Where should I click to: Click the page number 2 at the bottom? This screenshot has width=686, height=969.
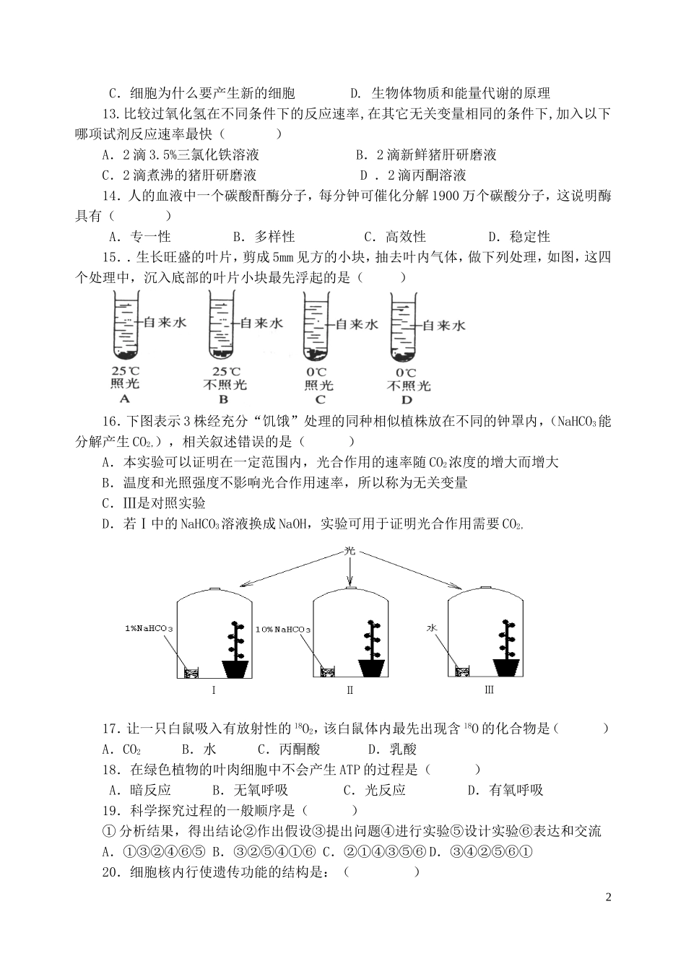click(608, 898)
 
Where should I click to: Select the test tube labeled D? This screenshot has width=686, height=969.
click(404, 326)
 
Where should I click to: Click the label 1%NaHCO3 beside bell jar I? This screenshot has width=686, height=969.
click(149, 629)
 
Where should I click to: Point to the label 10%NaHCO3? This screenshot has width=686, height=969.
click(283, 629)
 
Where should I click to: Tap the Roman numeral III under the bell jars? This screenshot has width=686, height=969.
click(489, 690)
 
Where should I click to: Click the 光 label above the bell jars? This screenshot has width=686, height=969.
click(350, 551)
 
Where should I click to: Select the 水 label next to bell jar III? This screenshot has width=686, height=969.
click(433, 628)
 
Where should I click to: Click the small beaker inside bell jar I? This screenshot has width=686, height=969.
click(191, 672)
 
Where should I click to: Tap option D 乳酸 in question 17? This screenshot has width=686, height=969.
click(392, 749)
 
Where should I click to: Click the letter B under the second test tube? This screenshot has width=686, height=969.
click(224, 399)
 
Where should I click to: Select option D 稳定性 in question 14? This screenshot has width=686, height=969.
click(519, 237)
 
